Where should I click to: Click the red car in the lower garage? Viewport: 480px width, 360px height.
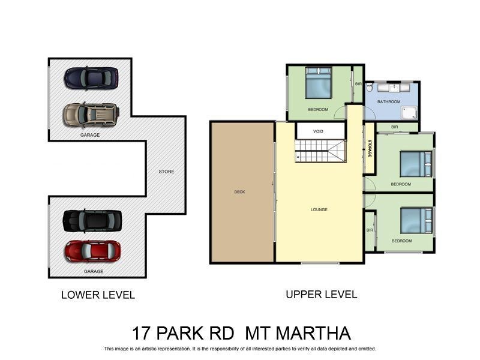coord(92,251)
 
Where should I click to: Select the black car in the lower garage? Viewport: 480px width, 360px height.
coord(92,220)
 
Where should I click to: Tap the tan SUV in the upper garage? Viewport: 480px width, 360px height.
coord(91,114)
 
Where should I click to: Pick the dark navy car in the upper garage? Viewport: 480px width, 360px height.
coord(91,77)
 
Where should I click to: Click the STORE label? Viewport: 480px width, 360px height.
coord(166,172)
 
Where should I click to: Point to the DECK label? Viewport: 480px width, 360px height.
coord(239,192)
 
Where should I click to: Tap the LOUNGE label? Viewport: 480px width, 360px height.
coord(319,209)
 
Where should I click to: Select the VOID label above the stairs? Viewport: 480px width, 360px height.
coord(319,131)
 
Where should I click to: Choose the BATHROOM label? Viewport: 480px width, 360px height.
coord(388,102)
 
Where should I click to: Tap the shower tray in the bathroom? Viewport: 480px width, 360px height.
coord(410,112)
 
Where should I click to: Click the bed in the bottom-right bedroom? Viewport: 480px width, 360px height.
coord(416,220)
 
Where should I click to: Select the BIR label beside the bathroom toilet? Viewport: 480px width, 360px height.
coord(358,84)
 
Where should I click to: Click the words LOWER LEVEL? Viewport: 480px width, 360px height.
coord(98,295)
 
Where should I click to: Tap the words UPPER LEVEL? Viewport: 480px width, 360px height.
coord(321,295)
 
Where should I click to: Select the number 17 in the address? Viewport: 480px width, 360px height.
coord(142,333)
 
